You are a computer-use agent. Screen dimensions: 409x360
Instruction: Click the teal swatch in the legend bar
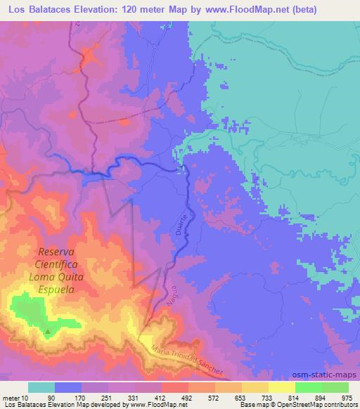(41, 387)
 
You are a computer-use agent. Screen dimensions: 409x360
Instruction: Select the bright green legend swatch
(309, 387)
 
